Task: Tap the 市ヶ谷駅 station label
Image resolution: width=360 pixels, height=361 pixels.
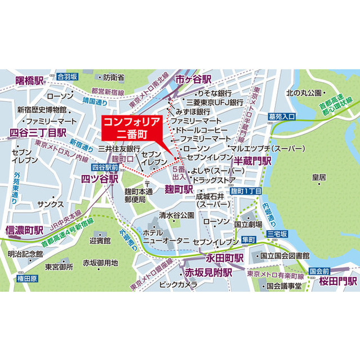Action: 193,79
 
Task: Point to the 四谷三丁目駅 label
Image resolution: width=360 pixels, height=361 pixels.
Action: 38,133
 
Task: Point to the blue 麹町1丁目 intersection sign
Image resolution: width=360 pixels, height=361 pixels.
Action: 246,192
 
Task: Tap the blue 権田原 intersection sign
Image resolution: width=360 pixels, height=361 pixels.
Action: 26,278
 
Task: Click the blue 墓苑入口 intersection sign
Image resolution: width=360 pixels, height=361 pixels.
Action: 281,117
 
